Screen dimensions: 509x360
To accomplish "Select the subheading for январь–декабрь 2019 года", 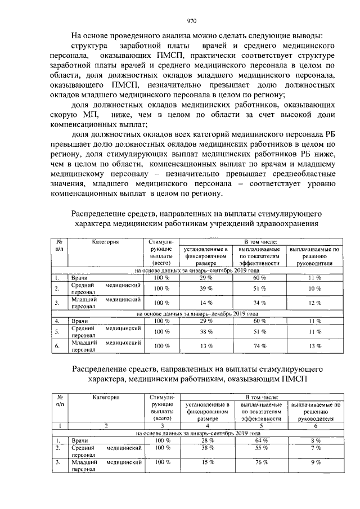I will pyautogui.click(x=197, y=313).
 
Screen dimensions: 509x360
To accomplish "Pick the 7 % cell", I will pyautogui.click(x=314, y=448).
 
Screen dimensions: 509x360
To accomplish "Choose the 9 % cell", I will pyautogui.click(x=314, y=462).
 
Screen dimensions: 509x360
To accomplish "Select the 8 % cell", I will pyautogui.click(x=314, y=440).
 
